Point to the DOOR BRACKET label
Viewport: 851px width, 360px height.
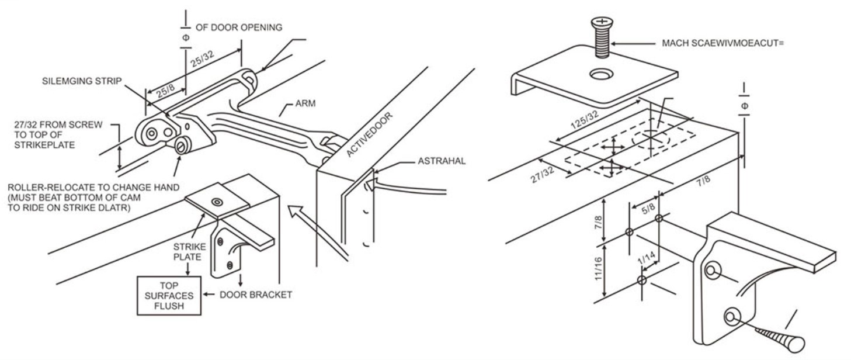255,295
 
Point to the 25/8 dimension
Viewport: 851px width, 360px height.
163,94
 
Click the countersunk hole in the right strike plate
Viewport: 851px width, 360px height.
601,75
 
